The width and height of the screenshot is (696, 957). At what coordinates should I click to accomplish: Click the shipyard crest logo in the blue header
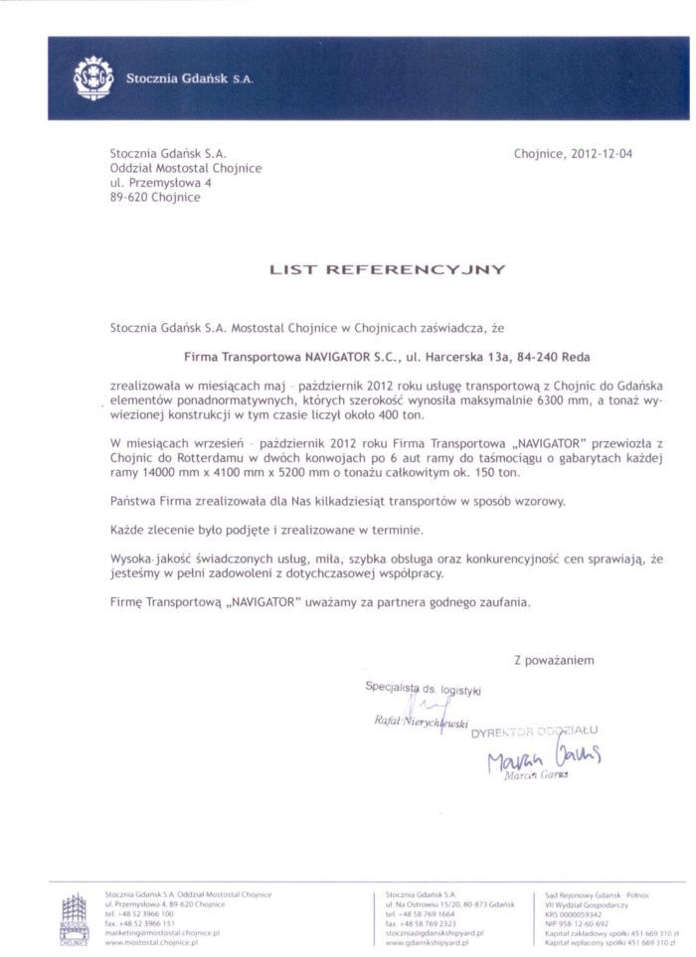(x=93, y=78)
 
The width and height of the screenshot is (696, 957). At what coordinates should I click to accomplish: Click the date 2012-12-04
(x=594, y=154)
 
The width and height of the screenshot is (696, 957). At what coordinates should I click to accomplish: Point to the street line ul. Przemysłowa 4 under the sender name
(x=159, y=183)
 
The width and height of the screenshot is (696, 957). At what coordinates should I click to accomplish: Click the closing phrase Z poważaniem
(x=554, y=660)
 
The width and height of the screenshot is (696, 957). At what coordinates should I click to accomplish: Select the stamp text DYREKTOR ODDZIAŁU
(x=535, y=732)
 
